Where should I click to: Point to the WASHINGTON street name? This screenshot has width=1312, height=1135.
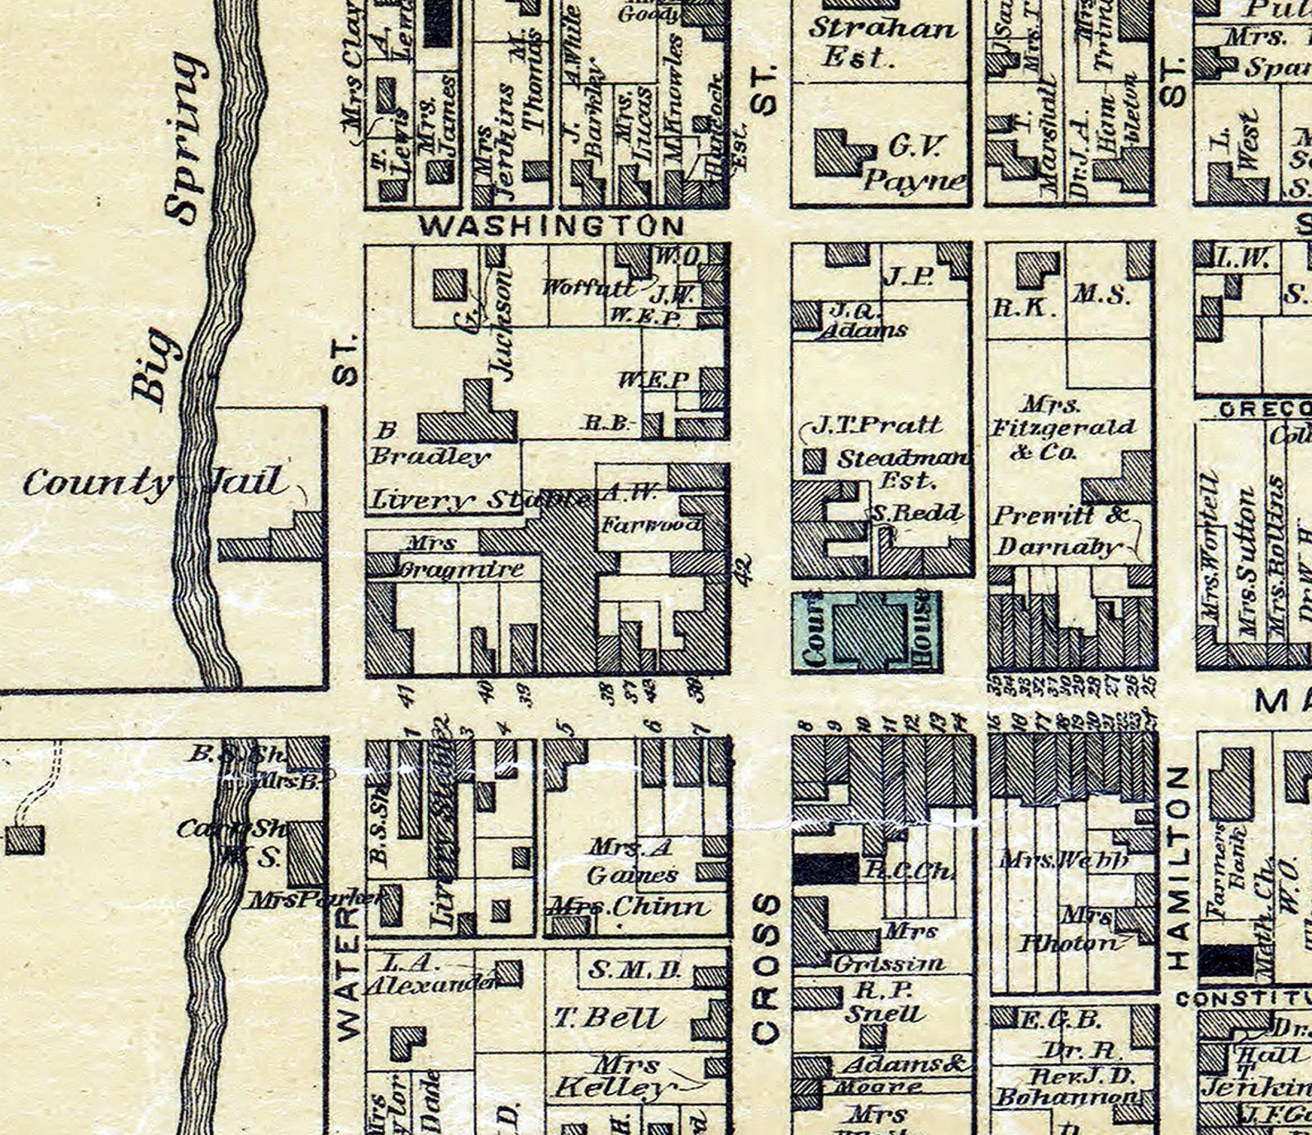pos(552,226)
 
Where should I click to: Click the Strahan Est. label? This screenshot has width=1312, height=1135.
pos(882,41)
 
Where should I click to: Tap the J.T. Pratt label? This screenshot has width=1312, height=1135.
pos(877,425)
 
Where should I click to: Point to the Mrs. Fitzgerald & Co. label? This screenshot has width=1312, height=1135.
pos(1064,428)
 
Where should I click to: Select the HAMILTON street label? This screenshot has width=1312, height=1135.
pos(1179,867)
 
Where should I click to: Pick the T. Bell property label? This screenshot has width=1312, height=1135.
pos(609,1018)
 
